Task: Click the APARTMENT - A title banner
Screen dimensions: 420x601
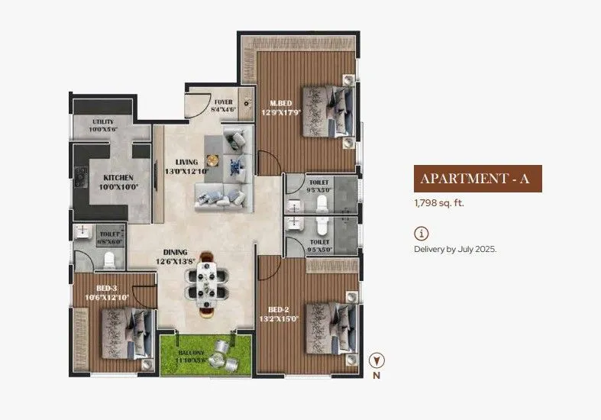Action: [478, 179]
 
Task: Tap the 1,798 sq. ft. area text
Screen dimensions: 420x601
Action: [439, 203]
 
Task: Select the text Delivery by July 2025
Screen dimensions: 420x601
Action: [455, 249]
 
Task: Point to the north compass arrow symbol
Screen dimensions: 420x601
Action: [376, 360]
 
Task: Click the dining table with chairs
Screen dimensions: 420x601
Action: [207, 283]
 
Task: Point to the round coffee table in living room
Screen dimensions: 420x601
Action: [212, 160]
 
